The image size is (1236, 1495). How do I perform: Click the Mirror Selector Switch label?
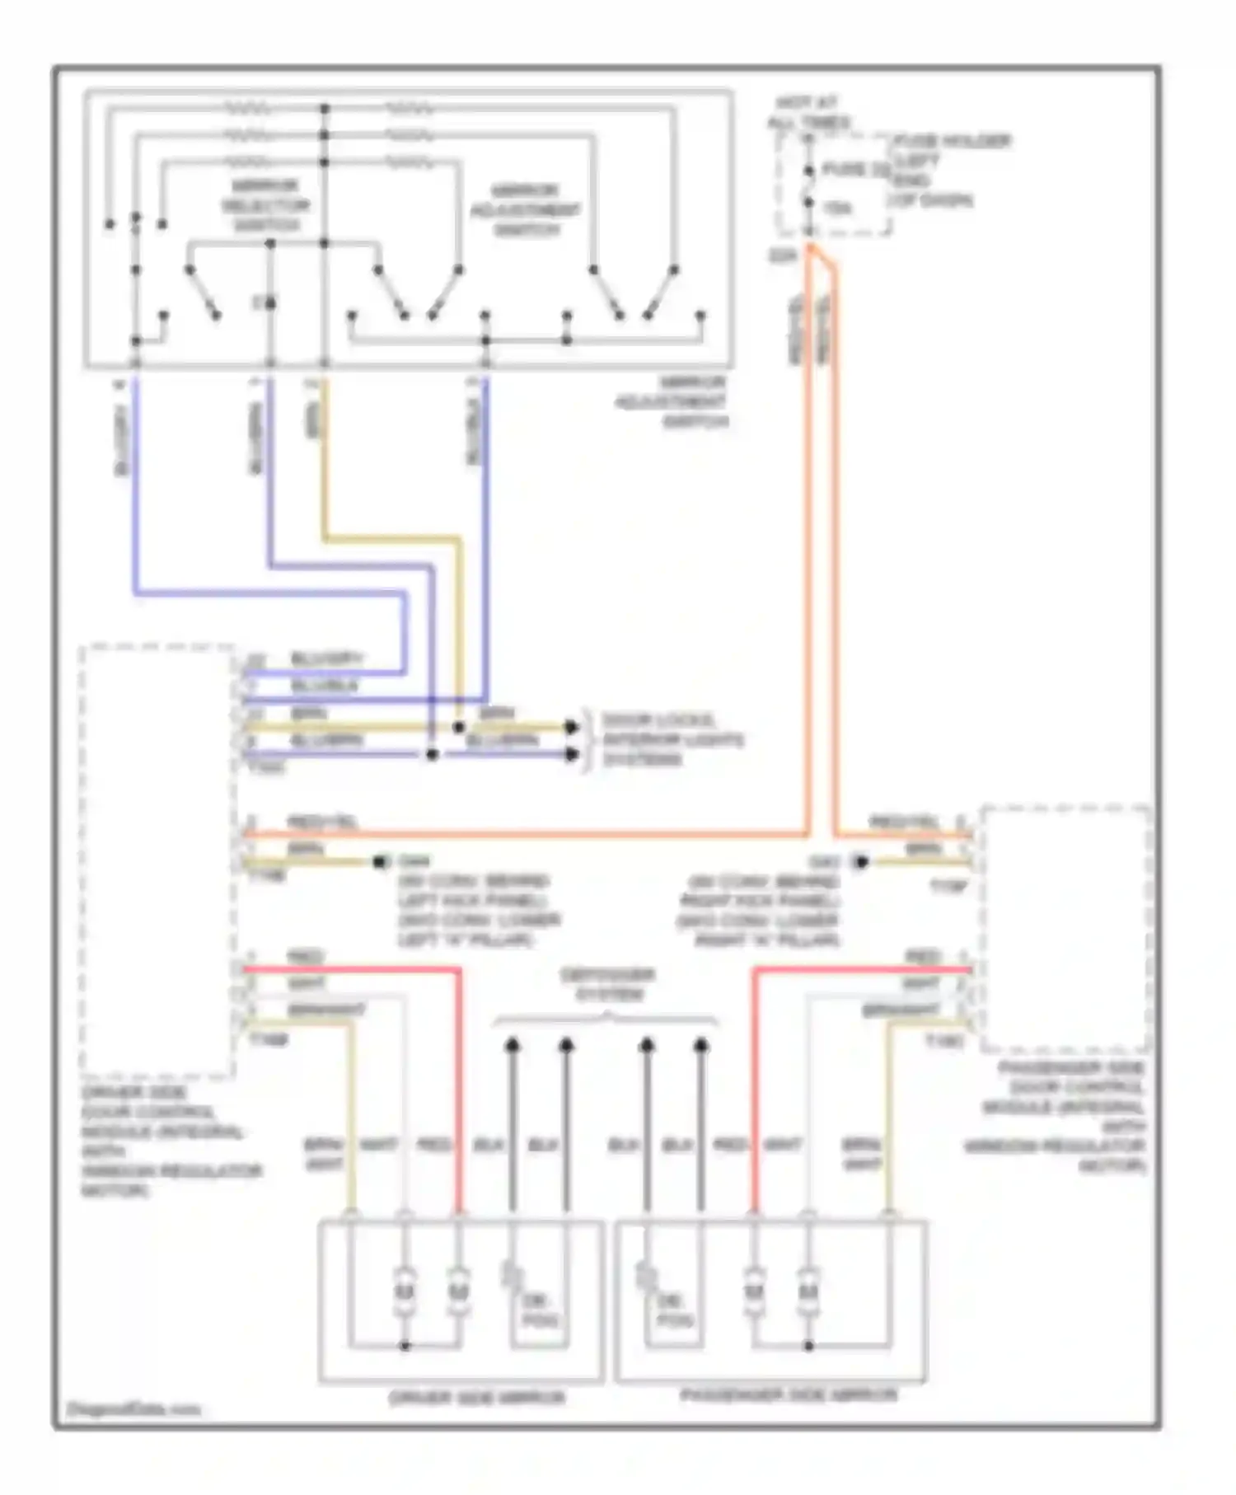click(x=265, y=205)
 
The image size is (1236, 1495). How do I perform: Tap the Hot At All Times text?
click(x=808, y=113)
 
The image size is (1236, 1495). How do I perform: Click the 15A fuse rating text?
click(x=837, y=208)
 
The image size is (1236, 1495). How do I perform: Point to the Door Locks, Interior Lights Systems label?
click(x=672, y=739)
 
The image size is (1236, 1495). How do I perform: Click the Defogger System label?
click(x=607, y=984)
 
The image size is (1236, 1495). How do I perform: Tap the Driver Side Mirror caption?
click(x=476, y=1398)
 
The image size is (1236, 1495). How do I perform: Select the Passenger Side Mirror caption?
click(x=788, y=1395)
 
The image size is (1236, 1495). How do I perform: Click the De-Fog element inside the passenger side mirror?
click(x=675, y=1311)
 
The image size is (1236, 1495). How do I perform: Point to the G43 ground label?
click(x=824, y=861)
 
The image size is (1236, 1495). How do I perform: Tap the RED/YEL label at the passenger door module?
click(x=904, y=822)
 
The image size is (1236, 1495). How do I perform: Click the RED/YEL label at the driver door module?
click(x=321, y=822)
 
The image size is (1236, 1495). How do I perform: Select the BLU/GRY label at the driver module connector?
click(x=326, y=659)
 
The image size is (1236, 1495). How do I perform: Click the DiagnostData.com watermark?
click(x=132, y=1408)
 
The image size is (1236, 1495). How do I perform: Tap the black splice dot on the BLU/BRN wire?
click(x=432, y=754)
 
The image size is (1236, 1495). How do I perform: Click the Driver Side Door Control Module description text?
click(x=169, y=1141)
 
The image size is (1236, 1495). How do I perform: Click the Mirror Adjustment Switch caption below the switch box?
click(x=672, y=402)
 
